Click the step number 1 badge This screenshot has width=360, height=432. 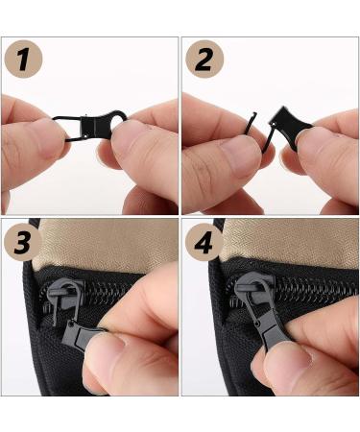23,59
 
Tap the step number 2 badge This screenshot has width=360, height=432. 204,59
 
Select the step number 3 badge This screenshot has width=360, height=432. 23,242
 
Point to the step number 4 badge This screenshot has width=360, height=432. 204,242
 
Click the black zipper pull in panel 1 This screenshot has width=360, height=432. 102,124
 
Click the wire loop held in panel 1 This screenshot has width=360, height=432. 67,128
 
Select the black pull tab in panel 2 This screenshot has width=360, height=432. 292,128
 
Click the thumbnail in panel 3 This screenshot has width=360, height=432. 104,353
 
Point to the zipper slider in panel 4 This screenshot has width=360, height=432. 253,290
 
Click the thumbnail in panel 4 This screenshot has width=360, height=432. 288,357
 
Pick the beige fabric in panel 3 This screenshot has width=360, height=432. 106,243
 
